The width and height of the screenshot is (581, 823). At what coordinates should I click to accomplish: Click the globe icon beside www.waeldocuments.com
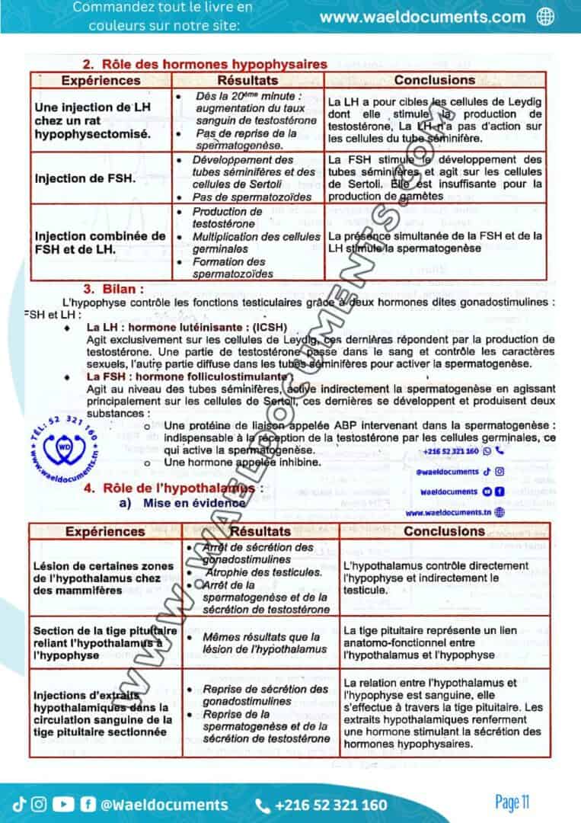click(545, 17)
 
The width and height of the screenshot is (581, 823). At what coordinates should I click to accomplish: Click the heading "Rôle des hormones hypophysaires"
click(205, 65)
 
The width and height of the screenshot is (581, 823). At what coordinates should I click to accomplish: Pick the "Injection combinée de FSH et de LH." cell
click(100, 242)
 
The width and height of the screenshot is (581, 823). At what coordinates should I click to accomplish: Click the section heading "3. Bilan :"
click(113, 289)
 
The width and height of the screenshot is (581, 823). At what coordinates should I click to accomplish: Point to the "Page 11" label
click(512, 802)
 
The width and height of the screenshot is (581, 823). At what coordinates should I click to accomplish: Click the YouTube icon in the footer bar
click(64, 804)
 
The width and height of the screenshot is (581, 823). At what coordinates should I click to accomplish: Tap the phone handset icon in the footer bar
click(263, 805)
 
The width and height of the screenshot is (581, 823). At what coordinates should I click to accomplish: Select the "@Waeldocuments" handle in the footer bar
click(164, 805)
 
